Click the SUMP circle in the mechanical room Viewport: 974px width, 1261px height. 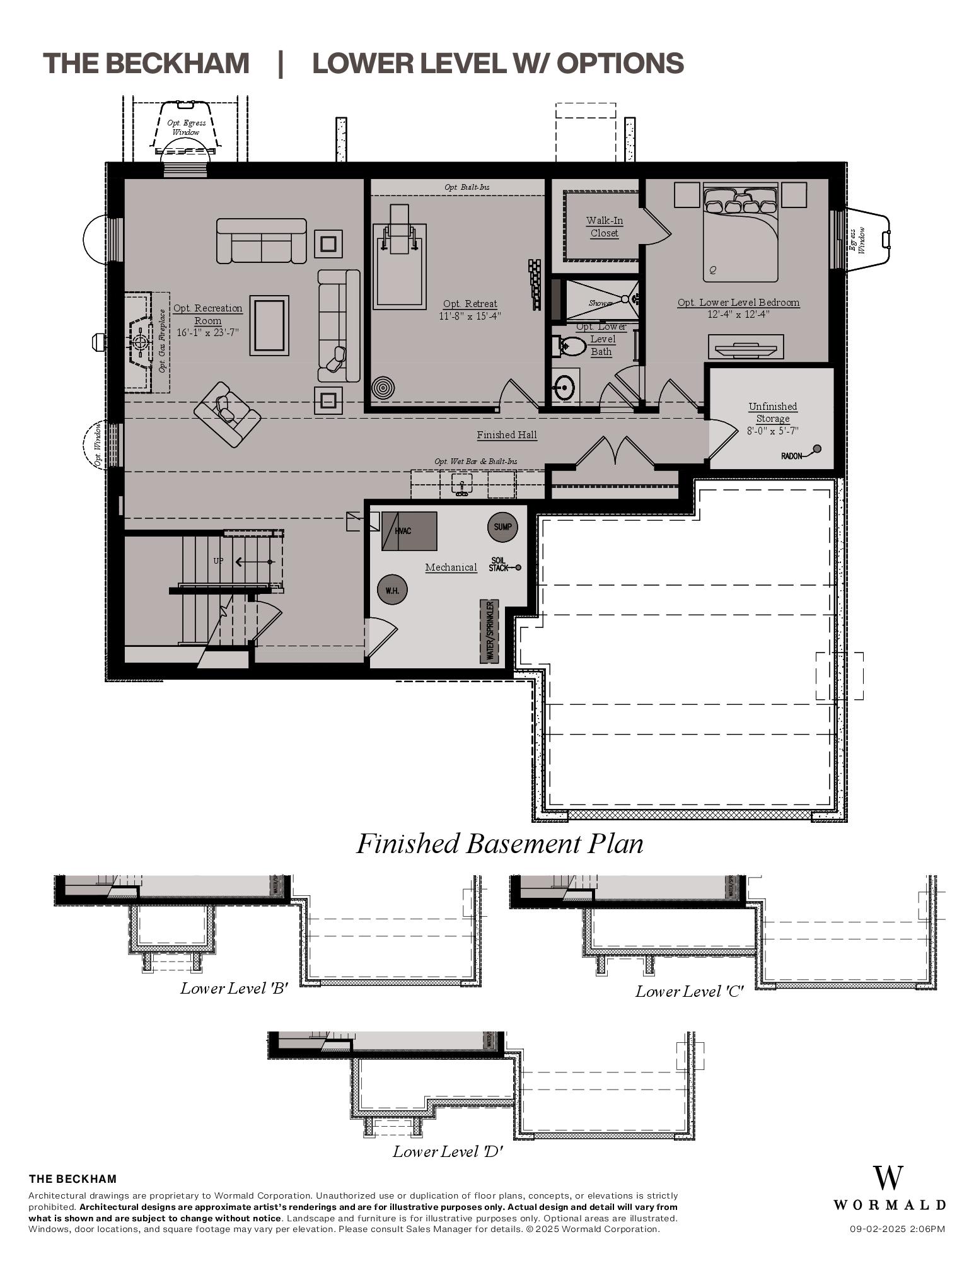tap(502, 527)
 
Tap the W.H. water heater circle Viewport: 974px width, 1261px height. tap(392, 591)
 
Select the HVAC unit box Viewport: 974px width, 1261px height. tap(409, 531)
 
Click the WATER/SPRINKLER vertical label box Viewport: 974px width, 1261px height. tap(490, 631)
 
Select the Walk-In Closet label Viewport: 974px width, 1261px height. tap(604, 227)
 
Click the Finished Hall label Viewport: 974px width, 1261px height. tap(507, 435)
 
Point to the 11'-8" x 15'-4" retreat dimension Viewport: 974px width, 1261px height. tap(470, 317)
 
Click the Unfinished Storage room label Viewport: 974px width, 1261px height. tap(772, 412)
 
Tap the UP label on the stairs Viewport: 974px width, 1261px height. tap(218, 561)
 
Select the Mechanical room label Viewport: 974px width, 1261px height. tap(451, 567)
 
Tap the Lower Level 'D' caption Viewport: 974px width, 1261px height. tap(448, 1151)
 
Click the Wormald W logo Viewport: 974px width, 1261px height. tap(888, 1178)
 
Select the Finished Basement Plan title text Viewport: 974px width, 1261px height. tap(500, 844)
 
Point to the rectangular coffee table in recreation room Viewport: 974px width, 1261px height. tap(269, 325)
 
